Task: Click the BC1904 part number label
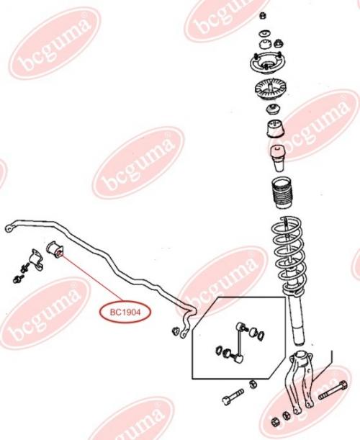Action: pos(125,312)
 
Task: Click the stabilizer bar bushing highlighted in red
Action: pos(55,249)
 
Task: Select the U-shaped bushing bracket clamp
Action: pos(36,259)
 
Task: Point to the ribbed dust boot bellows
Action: pos(282,192)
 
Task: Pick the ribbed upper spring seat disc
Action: pos(270,90)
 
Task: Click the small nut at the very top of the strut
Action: pos(263,16)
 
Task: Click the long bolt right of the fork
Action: pos(333,390)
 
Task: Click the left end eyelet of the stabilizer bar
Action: pos(9,228)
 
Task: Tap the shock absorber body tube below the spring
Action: pos(297,320)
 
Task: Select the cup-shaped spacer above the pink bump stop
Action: pos(275,129)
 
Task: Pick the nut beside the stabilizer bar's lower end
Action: pos(176,331)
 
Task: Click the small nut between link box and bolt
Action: pos(252,384)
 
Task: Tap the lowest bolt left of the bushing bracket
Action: pos(19,279)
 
